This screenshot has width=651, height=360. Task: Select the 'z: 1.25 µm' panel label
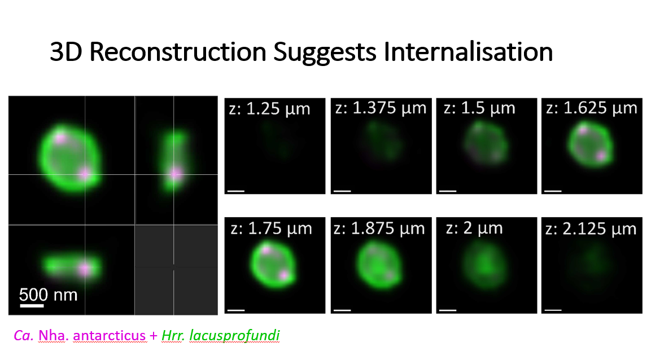pos(269,109)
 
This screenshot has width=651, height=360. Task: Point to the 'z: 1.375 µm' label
pos(381,108)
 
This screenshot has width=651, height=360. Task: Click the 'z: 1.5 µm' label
pos(479,108)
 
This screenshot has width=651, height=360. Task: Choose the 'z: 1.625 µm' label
pos(591,108)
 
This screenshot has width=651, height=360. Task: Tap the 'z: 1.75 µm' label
pos(271,229)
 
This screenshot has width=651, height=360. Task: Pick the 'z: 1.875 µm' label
pos(379,229)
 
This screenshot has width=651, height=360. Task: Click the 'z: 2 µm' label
pos(474,228)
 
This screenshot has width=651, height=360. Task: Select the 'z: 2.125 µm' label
pos(591,229)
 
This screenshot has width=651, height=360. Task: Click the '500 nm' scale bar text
pos(48,295)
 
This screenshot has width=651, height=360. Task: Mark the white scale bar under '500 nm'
pos(32,306)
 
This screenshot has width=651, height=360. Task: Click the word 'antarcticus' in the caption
pos(109,335)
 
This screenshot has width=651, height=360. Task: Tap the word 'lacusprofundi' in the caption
pos(234,335)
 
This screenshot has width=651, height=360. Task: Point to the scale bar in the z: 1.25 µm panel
pos(236,191)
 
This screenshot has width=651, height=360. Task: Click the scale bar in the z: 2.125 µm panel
pos(553,310)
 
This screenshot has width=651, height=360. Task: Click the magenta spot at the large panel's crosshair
pos(85,174)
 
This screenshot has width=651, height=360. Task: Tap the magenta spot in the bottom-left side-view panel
pos(85,270)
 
